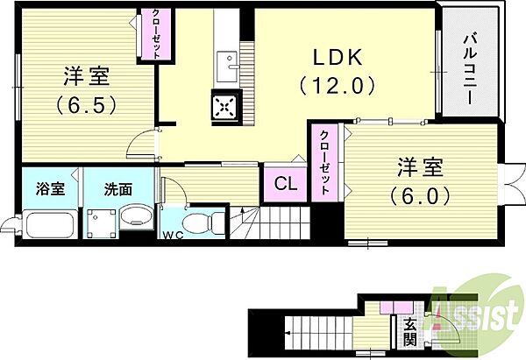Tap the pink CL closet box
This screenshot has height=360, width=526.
(x=284, y=184)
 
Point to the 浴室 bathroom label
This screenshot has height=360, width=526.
(x=47, y=188)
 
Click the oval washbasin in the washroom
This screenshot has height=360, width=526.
(x=135, y=217)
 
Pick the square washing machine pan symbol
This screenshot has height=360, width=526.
(x=102, y=222)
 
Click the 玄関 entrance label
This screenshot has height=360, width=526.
(x=410, y=333)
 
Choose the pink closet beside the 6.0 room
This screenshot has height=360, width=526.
(x=324, y=163)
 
